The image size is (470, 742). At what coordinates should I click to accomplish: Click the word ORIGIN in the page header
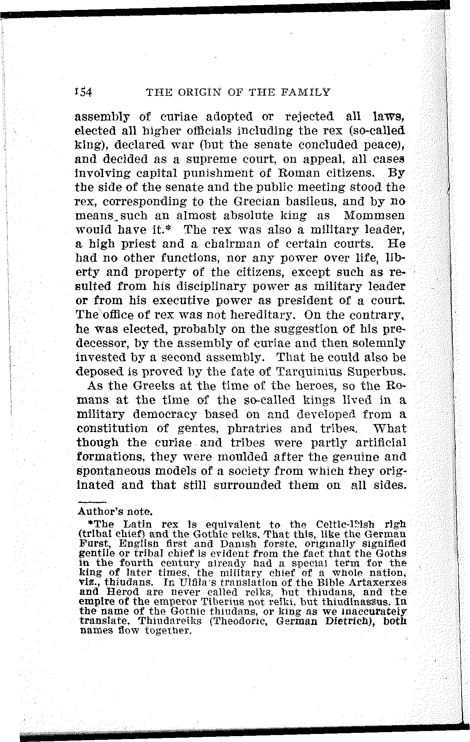[194, 92]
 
